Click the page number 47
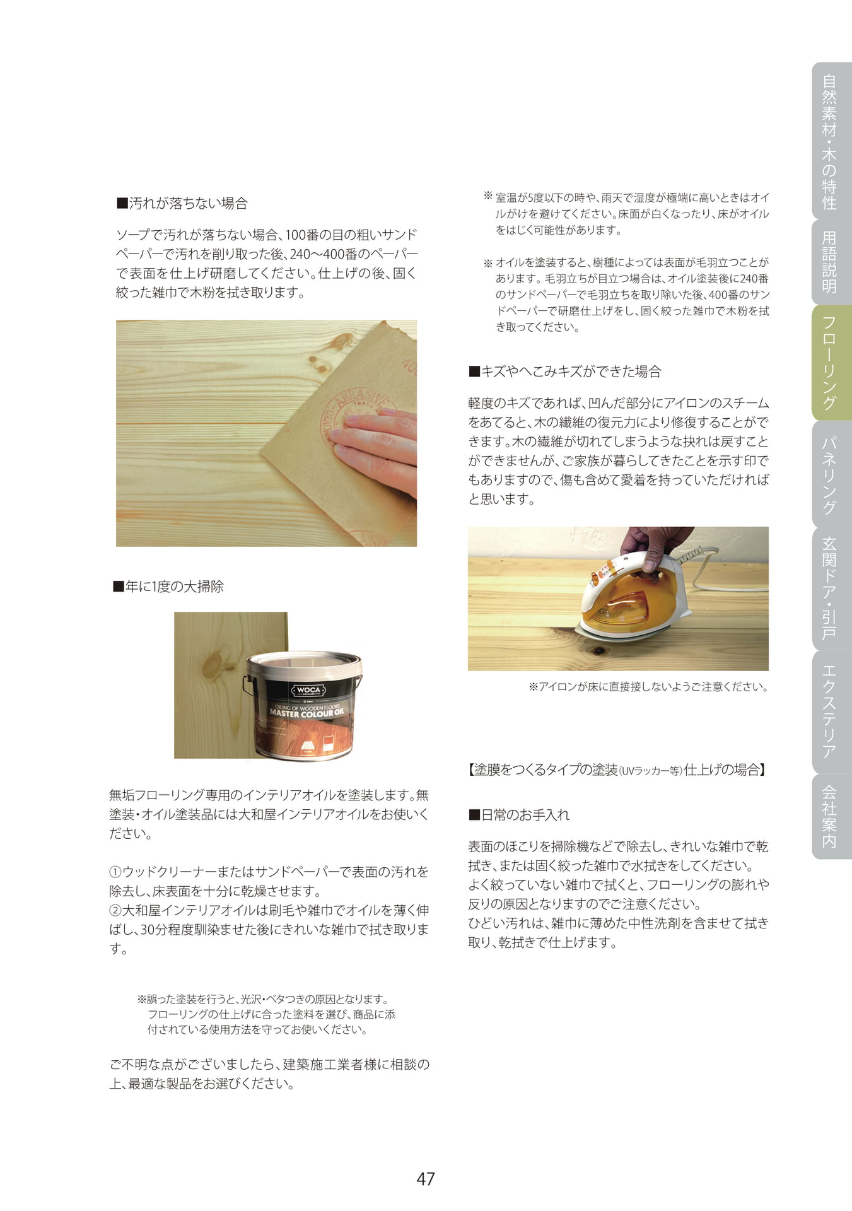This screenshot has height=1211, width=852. [x=426, y=1178]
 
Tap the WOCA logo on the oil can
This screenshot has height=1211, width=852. [x=308, y=690]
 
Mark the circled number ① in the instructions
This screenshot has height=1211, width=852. [x=115, y=872]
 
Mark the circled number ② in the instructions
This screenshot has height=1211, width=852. [x=115, y=911]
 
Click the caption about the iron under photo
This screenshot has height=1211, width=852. [x=648, y=687]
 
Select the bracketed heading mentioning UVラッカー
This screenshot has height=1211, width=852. [x=618, y=769]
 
